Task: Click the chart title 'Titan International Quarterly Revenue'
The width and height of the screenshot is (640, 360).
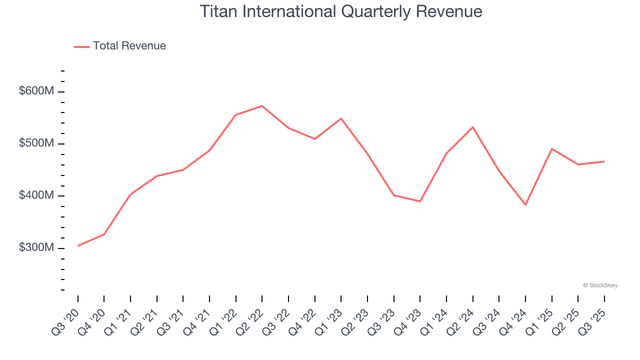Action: [341, 11]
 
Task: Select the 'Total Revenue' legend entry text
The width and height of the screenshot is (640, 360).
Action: [129, 46]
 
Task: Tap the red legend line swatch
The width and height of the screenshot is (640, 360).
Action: [81, 46]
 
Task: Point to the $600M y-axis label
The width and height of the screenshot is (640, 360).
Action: [36, 91]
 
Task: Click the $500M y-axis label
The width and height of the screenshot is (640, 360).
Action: [36, 143]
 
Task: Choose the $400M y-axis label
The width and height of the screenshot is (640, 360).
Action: [36, 195]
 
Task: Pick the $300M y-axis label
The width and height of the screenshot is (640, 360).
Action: [36, 248]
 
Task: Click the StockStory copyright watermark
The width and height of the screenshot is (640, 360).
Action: [600, 285]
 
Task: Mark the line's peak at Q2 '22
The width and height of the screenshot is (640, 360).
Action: [262, 106]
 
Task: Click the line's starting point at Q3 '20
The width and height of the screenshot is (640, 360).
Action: [78, 246]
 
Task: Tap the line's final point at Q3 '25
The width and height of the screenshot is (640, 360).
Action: [604, 161]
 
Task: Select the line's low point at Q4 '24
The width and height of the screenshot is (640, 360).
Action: [525, 205]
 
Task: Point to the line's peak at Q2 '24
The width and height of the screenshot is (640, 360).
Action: [472, 127]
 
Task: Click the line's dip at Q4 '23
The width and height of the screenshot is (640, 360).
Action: [420, 201]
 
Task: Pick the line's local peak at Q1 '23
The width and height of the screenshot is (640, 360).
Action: [341, 118]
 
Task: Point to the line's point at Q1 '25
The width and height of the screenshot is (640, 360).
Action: [551, 148]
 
